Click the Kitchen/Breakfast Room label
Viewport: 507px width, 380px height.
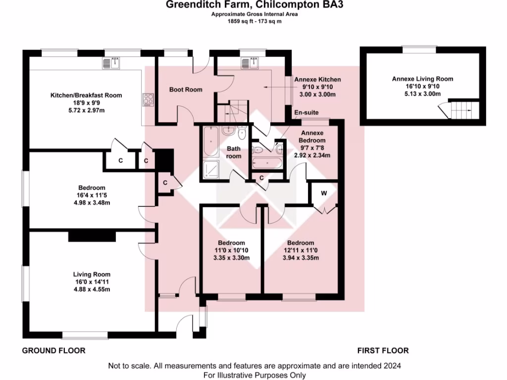(x=86, y=95)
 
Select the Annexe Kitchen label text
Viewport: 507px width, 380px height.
(x=317, y=79)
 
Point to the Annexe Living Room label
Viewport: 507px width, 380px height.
(x=422, y=79)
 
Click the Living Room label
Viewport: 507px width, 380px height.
(x=92, y=274)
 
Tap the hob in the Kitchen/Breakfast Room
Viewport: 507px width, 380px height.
(x=148, y=99)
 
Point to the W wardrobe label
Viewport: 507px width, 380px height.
(x=323, y=193)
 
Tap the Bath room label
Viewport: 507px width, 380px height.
(x=234, y=152)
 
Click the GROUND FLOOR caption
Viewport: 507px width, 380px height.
(x=54, y=351)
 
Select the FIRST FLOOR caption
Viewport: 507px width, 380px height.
(x=383, y=351)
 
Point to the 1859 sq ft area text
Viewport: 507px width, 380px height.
(x=253, y=22)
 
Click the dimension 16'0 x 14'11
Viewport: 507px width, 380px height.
(x=92, y=282)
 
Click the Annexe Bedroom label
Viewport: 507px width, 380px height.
(x=312, y=137)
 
